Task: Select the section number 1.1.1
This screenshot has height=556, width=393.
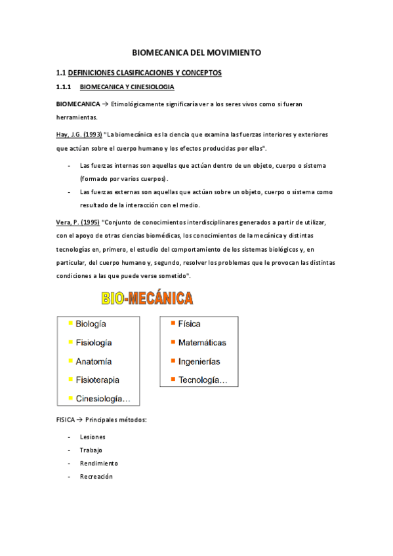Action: (x=63, y=87)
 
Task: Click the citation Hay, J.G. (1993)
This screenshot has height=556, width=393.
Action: (x=79, y=134)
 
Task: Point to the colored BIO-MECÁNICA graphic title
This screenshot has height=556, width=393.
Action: (x=147, y=299)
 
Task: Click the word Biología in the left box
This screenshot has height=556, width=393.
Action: (x=91, y=324)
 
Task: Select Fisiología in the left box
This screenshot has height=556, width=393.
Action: (x=94, y=342)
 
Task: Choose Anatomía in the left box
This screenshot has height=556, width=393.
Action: (x=94, y=361)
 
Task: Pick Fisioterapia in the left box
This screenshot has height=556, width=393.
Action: (x=98, y=380)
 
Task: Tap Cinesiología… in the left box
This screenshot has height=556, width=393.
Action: (x=103, y=399)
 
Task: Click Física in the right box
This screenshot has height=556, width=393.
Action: (x=189, y=324)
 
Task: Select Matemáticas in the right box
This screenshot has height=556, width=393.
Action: (x=202, y=342)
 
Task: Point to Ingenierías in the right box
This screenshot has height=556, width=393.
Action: (x=199, y=361)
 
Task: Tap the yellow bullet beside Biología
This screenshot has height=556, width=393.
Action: (x=70, y=323)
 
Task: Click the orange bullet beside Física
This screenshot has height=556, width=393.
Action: (x=173, y=323)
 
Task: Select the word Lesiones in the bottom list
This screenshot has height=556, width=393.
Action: (x=93, y=437)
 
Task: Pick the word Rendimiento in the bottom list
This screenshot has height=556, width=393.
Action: (x=99, y=463)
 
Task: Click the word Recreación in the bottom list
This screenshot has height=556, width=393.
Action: (x=96, y=477)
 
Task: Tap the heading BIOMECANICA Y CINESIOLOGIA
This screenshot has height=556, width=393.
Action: (x=127, y=87)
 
